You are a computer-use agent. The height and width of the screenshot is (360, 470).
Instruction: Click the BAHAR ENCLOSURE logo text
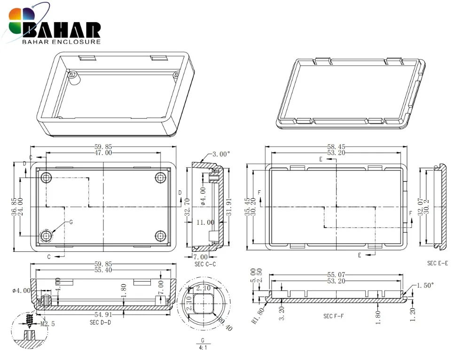[x=62, y=42]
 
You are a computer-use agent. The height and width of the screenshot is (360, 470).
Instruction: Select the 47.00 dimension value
[x=103, y=153]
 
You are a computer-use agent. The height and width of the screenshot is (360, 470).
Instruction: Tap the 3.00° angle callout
[x=221, y=154]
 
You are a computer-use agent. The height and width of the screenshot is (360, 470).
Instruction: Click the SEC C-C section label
[x=205, y=265]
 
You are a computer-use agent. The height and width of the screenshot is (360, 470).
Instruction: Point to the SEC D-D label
[x=101, y=322]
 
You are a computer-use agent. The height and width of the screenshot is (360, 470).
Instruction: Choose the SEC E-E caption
[x=437, y=263]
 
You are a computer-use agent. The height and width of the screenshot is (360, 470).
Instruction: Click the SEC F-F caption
[x=333, y=316]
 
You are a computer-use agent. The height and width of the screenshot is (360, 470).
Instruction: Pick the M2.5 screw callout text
[x=47, y=324]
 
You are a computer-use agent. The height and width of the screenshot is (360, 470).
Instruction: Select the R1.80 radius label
[x=258, y=316]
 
